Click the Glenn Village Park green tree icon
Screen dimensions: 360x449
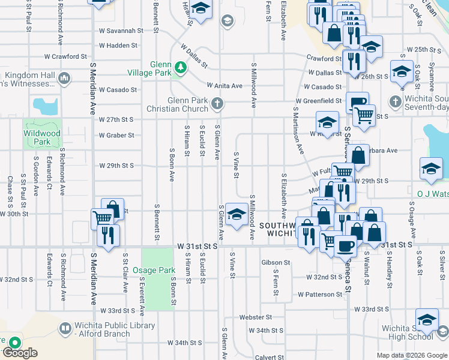(179, 66)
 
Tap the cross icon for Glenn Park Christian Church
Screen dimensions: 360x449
(217, 104)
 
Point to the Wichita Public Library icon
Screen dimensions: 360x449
(64, 328)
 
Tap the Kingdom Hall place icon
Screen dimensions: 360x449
(64, 78)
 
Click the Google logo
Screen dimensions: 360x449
(20, 353)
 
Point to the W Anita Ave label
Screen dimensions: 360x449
(224, 86)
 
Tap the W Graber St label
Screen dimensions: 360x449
(116, 135)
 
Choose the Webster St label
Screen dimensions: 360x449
(256, 317)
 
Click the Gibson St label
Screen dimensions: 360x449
(276, 263)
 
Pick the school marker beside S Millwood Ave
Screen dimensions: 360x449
(237, 214)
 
